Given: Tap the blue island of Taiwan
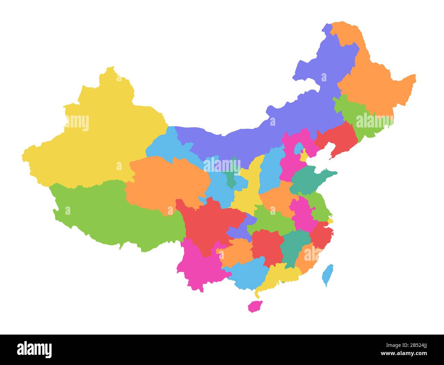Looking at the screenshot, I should [328, 275].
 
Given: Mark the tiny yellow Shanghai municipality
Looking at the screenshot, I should [330, 221].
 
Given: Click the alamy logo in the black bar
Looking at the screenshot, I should [34, 350].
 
